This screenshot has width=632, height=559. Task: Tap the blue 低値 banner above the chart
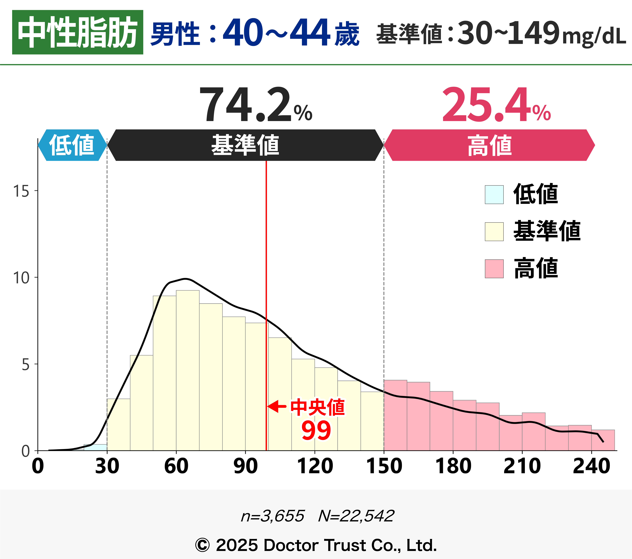tap(72, 145)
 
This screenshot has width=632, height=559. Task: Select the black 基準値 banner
tap(245, 145)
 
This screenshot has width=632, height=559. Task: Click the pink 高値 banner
tap(489, 145)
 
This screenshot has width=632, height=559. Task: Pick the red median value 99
tap(316, 430)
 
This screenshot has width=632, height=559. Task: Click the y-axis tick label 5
tap(25, 365)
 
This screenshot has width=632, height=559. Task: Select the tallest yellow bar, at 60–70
tap(188, 371)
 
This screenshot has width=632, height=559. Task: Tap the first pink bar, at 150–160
tap(395, 416)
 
